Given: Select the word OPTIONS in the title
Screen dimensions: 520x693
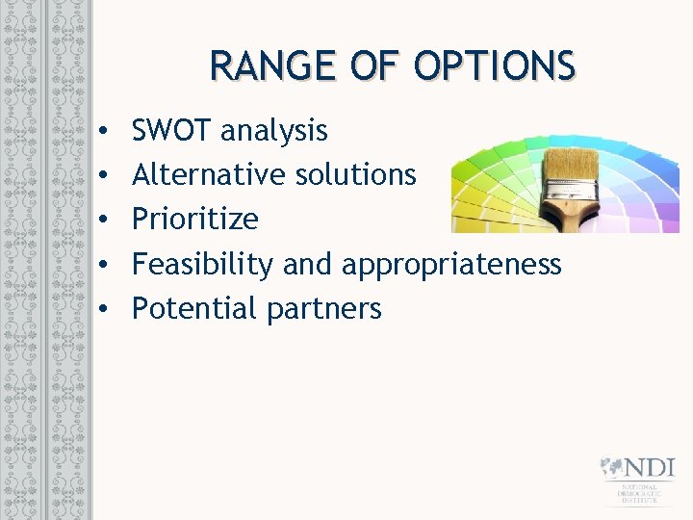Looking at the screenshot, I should tap(495, 66).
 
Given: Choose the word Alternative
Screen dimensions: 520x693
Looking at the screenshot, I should tap(209, 174).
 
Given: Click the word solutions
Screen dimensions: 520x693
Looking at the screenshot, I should tap(355, 174).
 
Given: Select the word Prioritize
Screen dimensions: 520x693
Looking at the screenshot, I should tap(194, 220).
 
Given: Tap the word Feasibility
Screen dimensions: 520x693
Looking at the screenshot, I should tap(203, 264).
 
